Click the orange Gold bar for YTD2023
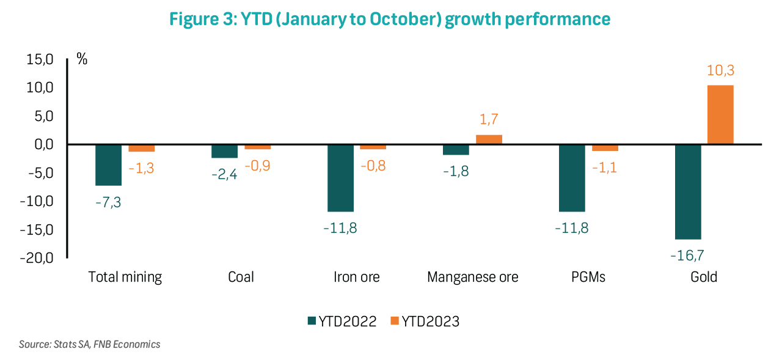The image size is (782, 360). point(720,114)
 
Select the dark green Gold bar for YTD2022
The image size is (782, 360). point(687,191)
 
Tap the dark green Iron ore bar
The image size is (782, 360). point(340,178)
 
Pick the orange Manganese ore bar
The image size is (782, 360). point(489,139)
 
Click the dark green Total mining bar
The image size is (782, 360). point(108,165)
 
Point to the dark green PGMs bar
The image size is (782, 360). point(572,178)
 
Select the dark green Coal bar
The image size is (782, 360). point(224,151)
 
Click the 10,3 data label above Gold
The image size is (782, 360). point(720,72)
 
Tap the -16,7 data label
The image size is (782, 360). point(687,254)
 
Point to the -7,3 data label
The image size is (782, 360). point(108,200)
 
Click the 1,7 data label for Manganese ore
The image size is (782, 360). point(489,120)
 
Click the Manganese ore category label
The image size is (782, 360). point(472,277)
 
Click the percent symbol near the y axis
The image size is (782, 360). point(82,59)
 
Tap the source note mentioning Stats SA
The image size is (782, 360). point(89,344)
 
